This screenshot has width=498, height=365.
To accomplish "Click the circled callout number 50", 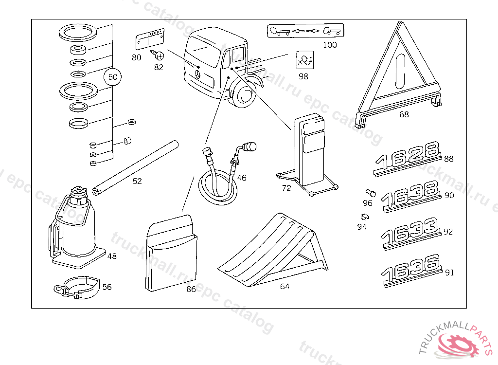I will point(112,77).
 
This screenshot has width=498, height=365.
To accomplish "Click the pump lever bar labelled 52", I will point(136,166).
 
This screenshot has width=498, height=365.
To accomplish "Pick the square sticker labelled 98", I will point(304,61).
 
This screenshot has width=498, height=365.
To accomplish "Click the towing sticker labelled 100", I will point(305,31).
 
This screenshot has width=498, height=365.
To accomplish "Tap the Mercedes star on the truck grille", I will point(198,73).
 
